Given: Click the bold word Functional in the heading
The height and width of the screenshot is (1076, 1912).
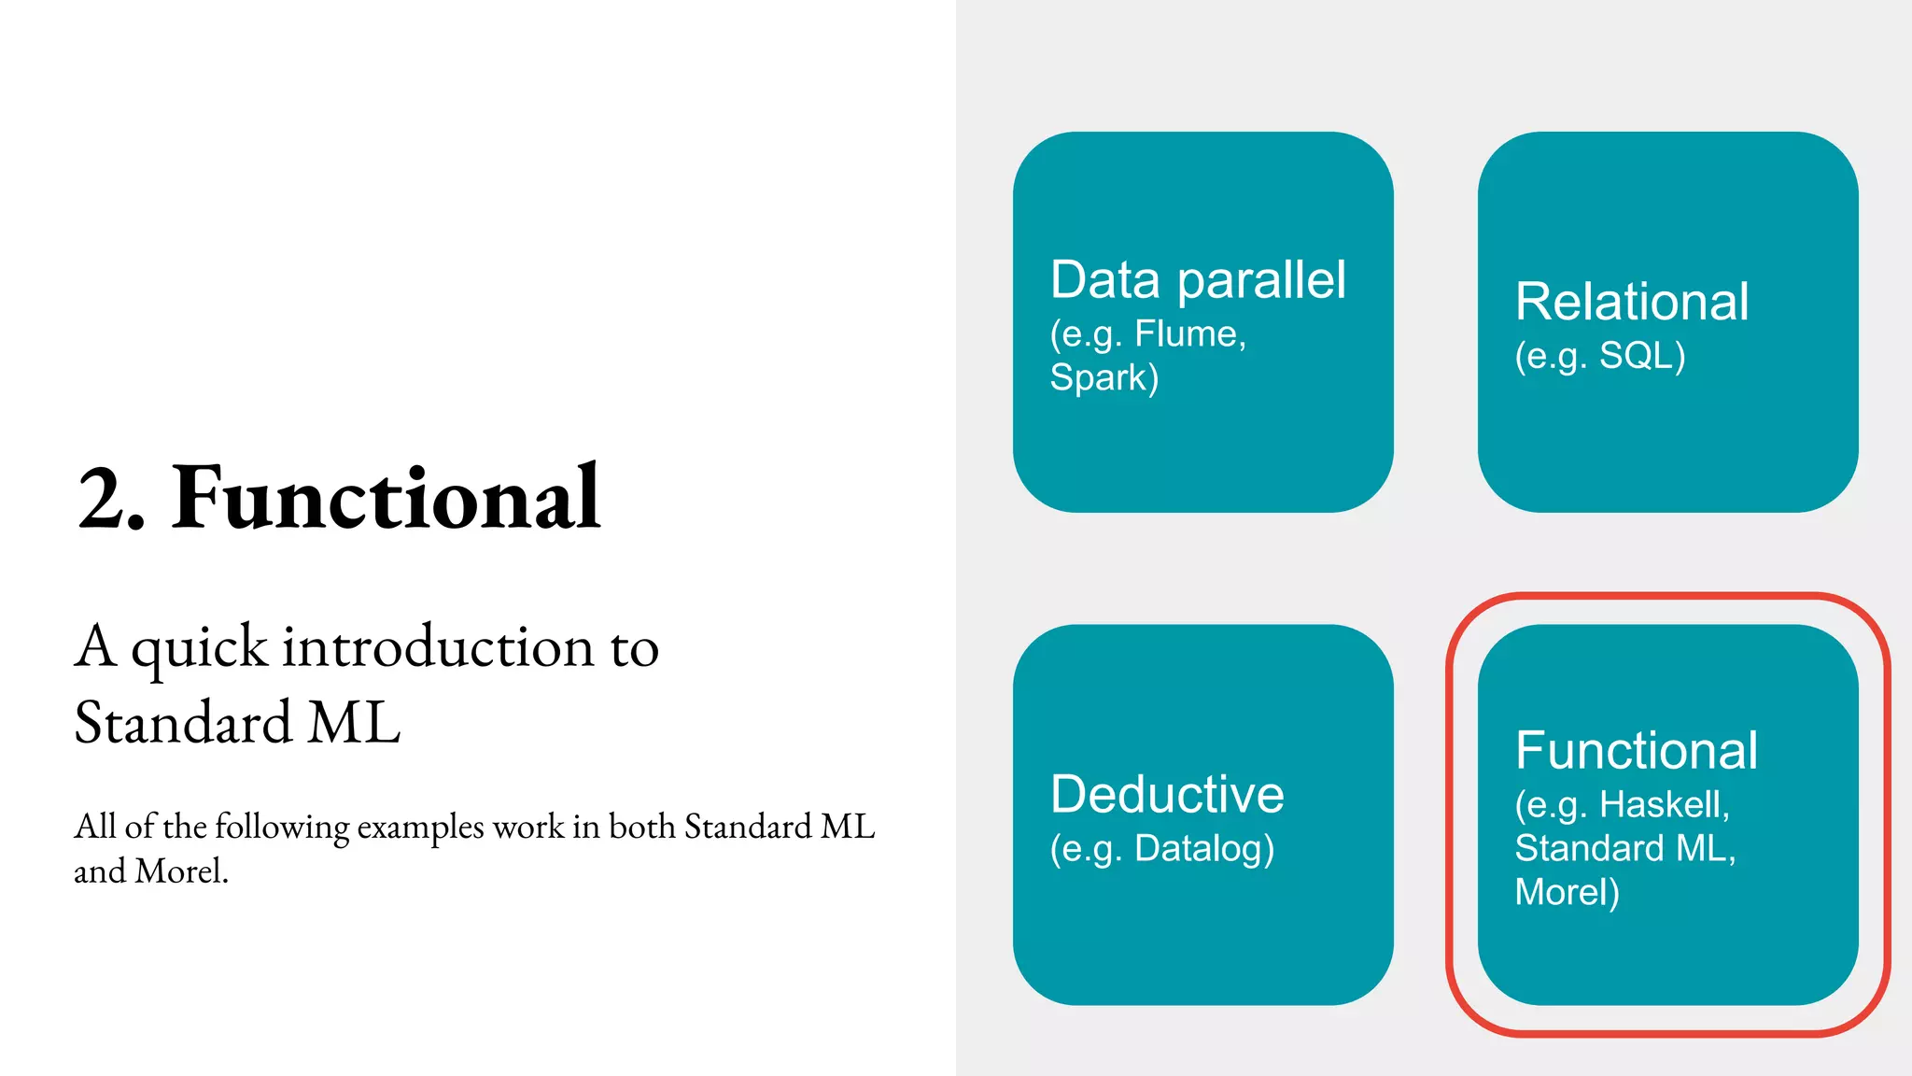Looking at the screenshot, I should click(x=386, y=499).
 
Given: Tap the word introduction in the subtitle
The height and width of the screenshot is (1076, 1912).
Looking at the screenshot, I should click(x=438, y=647).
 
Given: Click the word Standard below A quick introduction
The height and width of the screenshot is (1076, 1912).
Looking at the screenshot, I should click(x=182, y=723).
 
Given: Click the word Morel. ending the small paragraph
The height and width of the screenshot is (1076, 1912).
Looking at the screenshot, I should click(x=181, y=871).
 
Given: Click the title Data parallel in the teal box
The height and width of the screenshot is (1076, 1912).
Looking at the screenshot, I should click(x=1197, y=280).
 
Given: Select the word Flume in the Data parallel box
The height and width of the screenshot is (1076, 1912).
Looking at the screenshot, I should click(x=1188, y=334).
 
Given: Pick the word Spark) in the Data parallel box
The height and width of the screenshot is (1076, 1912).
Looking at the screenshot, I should click(x=1104, y=378).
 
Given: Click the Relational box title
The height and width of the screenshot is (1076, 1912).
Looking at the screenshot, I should click(x=1631, y=303).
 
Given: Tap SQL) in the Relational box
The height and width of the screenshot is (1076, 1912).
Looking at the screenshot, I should click(x=1641, y=356).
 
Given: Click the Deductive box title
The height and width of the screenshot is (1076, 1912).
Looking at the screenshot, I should click(x=1166, y=795).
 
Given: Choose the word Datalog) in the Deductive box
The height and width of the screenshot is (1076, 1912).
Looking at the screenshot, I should click(x=1203, y=849).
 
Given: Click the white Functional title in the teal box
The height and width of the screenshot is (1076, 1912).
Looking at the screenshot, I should click(x=1636, y=751).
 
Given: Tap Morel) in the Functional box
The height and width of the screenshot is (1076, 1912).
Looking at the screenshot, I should click(x=1566, y=893).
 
